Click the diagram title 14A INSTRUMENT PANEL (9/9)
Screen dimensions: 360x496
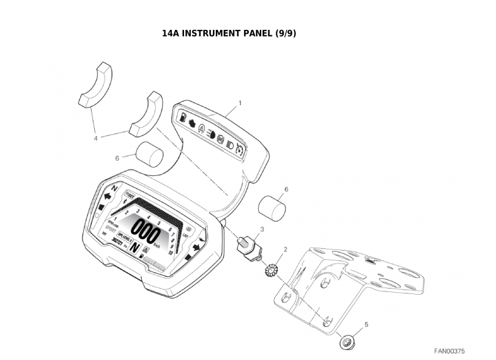(x=229, y=32)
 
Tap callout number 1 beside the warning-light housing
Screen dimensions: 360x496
(x=240, y=103)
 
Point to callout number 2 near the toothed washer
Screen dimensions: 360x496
(x=286, y=249)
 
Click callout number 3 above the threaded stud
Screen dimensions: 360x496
(x=262, y=229)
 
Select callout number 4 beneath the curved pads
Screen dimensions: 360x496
(x=95, y=138)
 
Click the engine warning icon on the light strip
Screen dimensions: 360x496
(x=192, y=122)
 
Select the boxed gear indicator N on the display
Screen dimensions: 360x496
(x=136, y=248)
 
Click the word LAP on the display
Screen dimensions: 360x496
(x=186, y=235)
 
